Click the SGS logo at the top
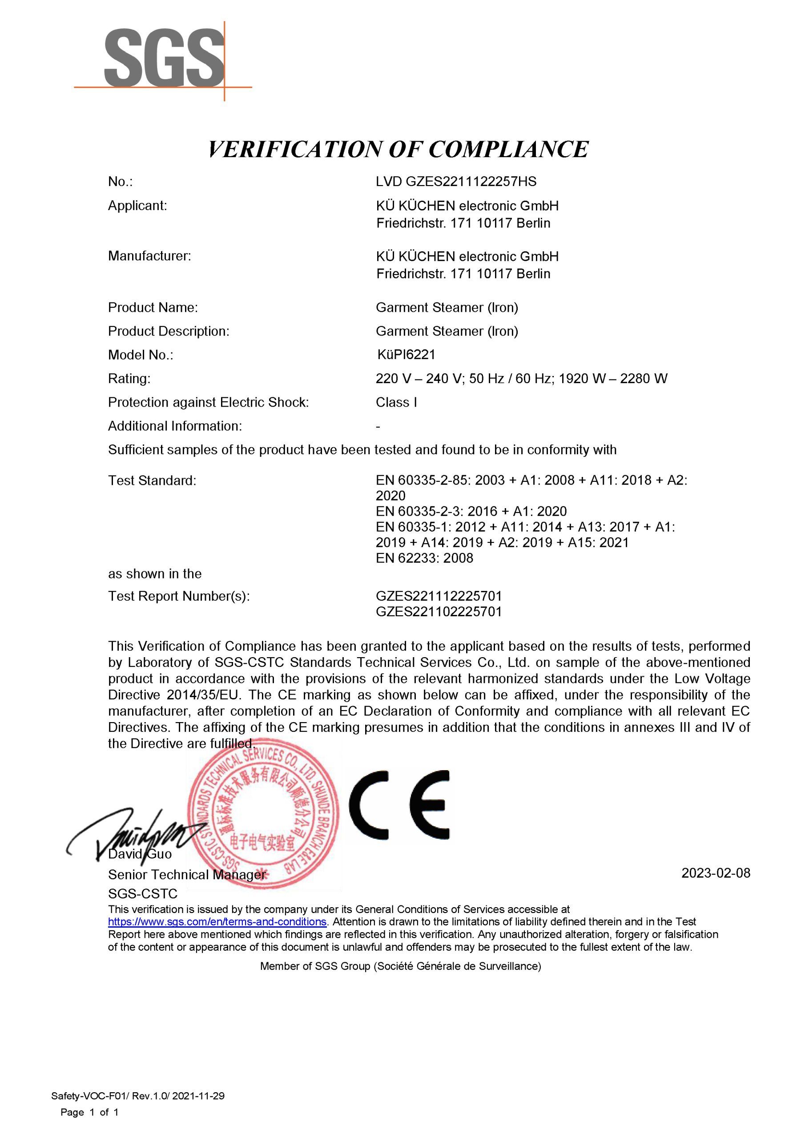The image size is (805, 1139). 164,59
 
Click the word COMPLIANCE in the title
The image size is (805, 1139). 508,149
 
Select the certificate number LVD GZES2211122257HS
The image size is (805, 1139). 456,182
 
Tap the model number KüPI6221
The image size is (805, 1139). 406,354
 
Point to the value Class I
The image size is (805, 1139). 396,402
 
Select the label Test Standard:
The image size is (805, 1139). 152,480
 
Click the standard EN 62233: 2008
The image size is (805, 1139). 424,557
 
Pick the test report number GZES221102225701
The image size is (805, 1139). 439,611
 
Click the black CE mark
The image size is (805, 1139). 399,805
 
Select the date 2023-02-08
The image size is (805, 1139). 715,872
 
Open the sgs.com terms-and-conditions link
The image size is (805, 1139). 217,922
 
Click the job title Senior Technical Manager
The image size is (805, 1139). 186,875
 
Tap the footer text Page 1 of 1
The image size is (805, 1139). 89,1112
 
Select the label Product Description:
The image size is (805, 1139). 169,331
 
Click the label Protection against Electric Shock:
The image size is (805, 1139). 208,402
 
